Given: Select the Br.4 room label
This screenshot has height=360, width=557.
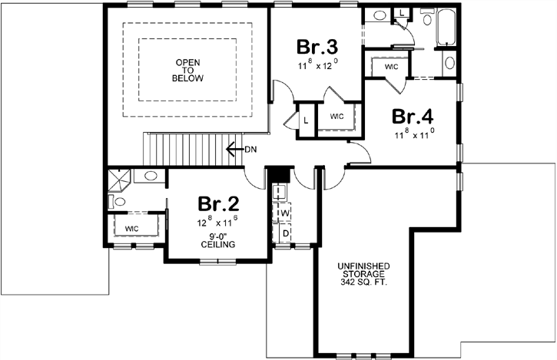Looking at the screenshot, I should [413, 116].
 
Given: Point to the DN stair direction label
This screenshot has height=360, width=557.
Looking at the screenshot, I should [250, 149].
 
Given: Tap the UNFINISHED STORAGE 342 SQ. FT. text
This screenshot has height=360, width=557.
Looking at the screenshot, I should [363, 274].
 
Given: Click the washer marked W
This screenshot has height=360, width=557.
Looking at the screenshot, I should [283, 212].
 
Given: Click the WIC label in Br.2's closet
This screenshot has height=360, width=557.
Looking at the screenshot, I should [131, 228].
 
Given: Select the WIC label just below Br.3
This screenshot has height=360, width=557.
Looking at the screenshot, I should [337, 117].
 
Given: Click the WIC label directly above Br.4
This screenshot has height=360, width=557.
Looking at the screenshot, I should [390, 67].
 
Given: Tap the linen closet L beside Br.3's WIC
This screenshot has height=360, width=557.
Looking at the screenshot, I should [305, 121].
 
